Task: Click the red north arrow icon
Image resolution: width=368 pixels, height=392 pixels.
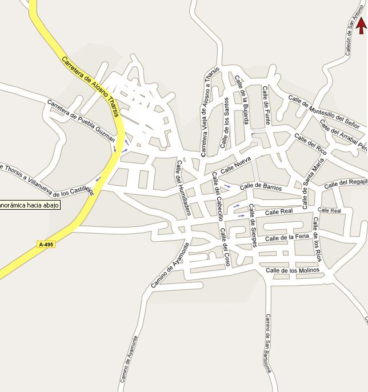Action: click(x=361, y=26)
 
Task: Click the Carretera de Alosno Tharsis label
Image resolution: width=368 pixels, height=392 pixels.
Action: click(x=91, y=86)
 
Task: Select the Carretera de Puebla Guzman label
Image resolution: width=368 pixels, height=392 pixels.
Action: click(x=81, y=122)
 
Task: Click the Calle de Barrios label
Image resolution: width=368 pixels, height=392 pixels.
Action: click(x=261, y=187)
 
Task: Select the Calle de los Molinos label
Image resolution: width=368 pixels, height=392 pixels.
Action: click(x=293, y=270)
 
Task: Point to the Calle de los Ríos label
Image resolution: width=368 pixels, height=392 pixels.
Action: click(x=317, y=239)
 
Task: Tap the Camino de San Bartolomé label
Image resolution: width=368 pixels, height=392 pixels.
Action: click(x=267, y=343)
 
